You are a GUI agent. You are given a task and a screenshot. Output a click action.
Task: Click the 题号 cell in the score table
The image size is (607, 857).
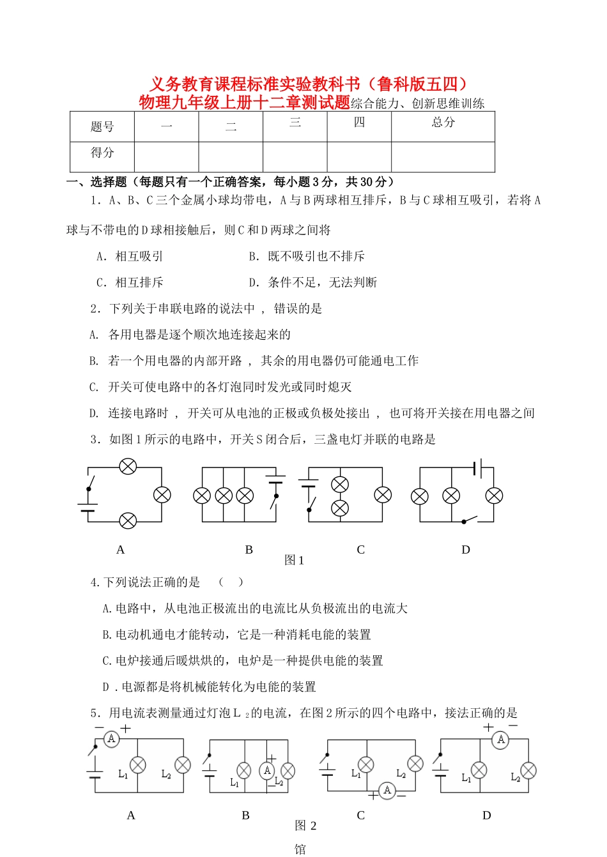[x=102, y=126]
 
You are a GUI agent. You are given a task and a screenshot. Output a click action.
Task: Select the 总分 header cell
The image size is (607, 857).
[x=443, y=122]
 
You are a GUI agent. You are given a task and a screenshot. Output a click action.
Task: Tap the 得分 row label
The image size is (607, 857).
[x=102, y=153]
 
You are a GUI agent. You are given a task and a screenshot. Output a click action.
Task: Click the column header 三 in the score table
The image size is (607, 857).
[x=295, y=122]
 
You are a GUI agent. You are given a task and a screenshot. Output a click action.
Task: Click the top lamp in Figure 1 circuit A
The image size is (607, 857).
[x=128, y=467]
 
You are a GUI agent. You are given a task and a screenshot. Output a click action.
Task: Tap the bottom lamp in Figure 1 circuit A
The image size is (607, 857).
[x=128, y=521]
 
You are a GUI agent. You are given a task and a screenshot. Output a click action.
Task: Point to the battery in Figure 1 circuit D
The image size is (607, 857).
[x=477, y=468]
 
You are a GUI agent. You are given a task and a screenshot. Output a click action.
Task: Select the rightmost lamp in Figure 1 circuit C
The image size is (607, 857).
[x=383, y=494]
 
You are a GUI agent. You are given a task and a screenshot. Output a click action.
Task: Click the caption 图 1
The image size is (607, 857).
[x=294, y=560]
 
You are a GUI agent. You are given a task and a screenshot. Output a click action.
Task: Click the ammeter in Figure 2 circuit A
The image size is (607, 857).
[x=112, y=739]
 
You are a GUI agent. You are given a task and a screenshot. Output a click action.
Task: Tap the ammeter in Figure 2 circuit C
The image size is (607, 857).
[x=387, y=791]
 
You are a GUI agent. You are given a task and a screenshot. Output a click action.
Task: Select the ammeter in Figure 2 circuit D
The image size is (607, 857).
[x=500, y=739]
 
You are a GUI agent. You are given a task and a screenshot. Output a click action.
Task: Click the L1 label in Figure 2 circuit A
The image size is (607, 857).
[x=123, y=774]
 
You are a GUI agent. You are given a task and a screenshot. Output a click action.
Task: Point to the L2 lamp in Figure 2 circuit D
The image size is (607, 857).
[x=528, y=770]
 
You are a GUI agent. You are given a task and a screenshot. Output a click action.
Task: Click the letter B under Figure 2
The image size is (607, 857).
[x=245, y=815]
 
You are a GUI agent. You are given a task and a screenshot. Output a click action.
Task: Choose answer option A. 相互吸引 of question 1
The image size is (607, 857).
[x=130, y=256]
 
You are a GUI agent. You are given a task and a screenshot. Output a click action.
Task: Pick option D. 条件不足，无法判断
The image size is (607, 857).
[x=313, y=282]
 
